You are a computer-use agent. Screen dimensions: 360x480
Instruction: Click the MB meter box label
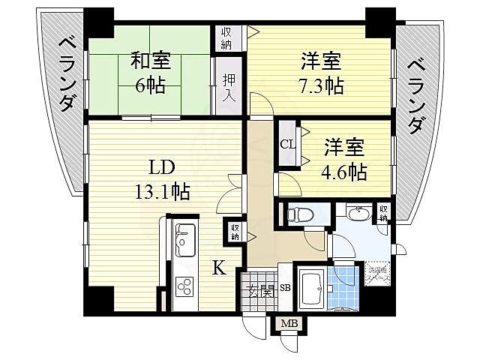pyautogui.click(x=288, y=324)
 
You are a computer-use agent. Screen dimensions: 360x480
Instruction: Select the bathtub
pyautogui.click(x=310, y=289)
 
